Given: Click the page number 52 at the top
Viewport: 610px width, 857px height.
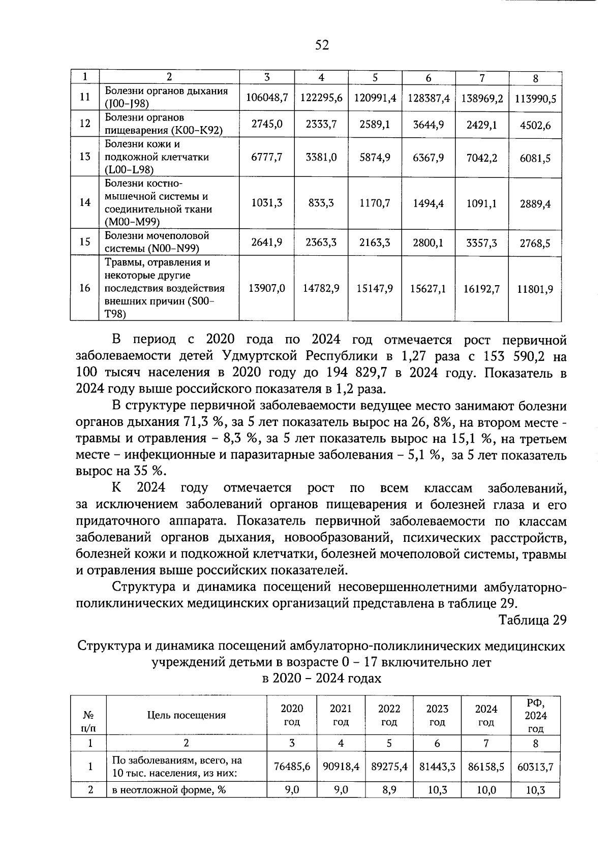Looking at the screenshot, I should click(x=322, y=46).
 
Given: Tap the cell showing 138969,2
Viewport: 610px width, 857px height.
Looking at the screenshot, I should click(x=482, y=98).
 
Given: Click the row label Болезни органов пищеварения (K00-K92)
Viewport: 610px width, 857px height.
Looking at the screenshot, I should click(x=164, y=124).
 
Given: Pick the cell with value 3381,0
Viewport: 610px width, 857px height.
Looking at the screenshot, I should click(x=321, y=158).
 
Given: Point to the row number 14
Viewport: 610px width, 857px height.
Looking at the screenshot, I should click(x=85, y=202).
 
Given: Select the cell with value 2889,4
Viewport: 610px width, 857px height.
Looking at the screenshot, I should click(x=535, y=204).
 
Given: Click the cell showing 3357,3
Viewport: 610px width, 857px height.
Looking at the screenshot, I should click(x=482, y=243).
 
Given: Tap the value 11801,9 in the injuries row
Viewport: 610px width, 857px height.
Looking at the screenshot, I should click(x=535, y=289).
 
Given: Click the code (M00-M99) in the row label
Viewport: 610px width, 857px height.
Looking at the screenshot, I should click(x=132, y=222).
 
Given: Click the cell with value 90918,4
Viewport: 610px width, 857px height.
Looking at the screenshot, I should click(x=341, y=767).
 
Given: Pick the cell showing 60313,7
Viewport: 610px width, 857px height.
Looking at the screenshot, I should click(x=535, y=767).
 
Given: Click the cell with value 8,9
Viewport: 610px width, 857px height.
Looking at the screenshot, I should click(x=389, y=790).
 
